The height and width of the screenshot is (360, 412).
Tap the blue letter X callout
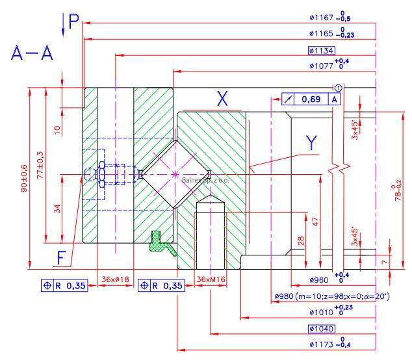[222, 98]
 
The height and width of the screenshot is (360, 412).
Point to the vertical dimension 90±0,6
[23, 179]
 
